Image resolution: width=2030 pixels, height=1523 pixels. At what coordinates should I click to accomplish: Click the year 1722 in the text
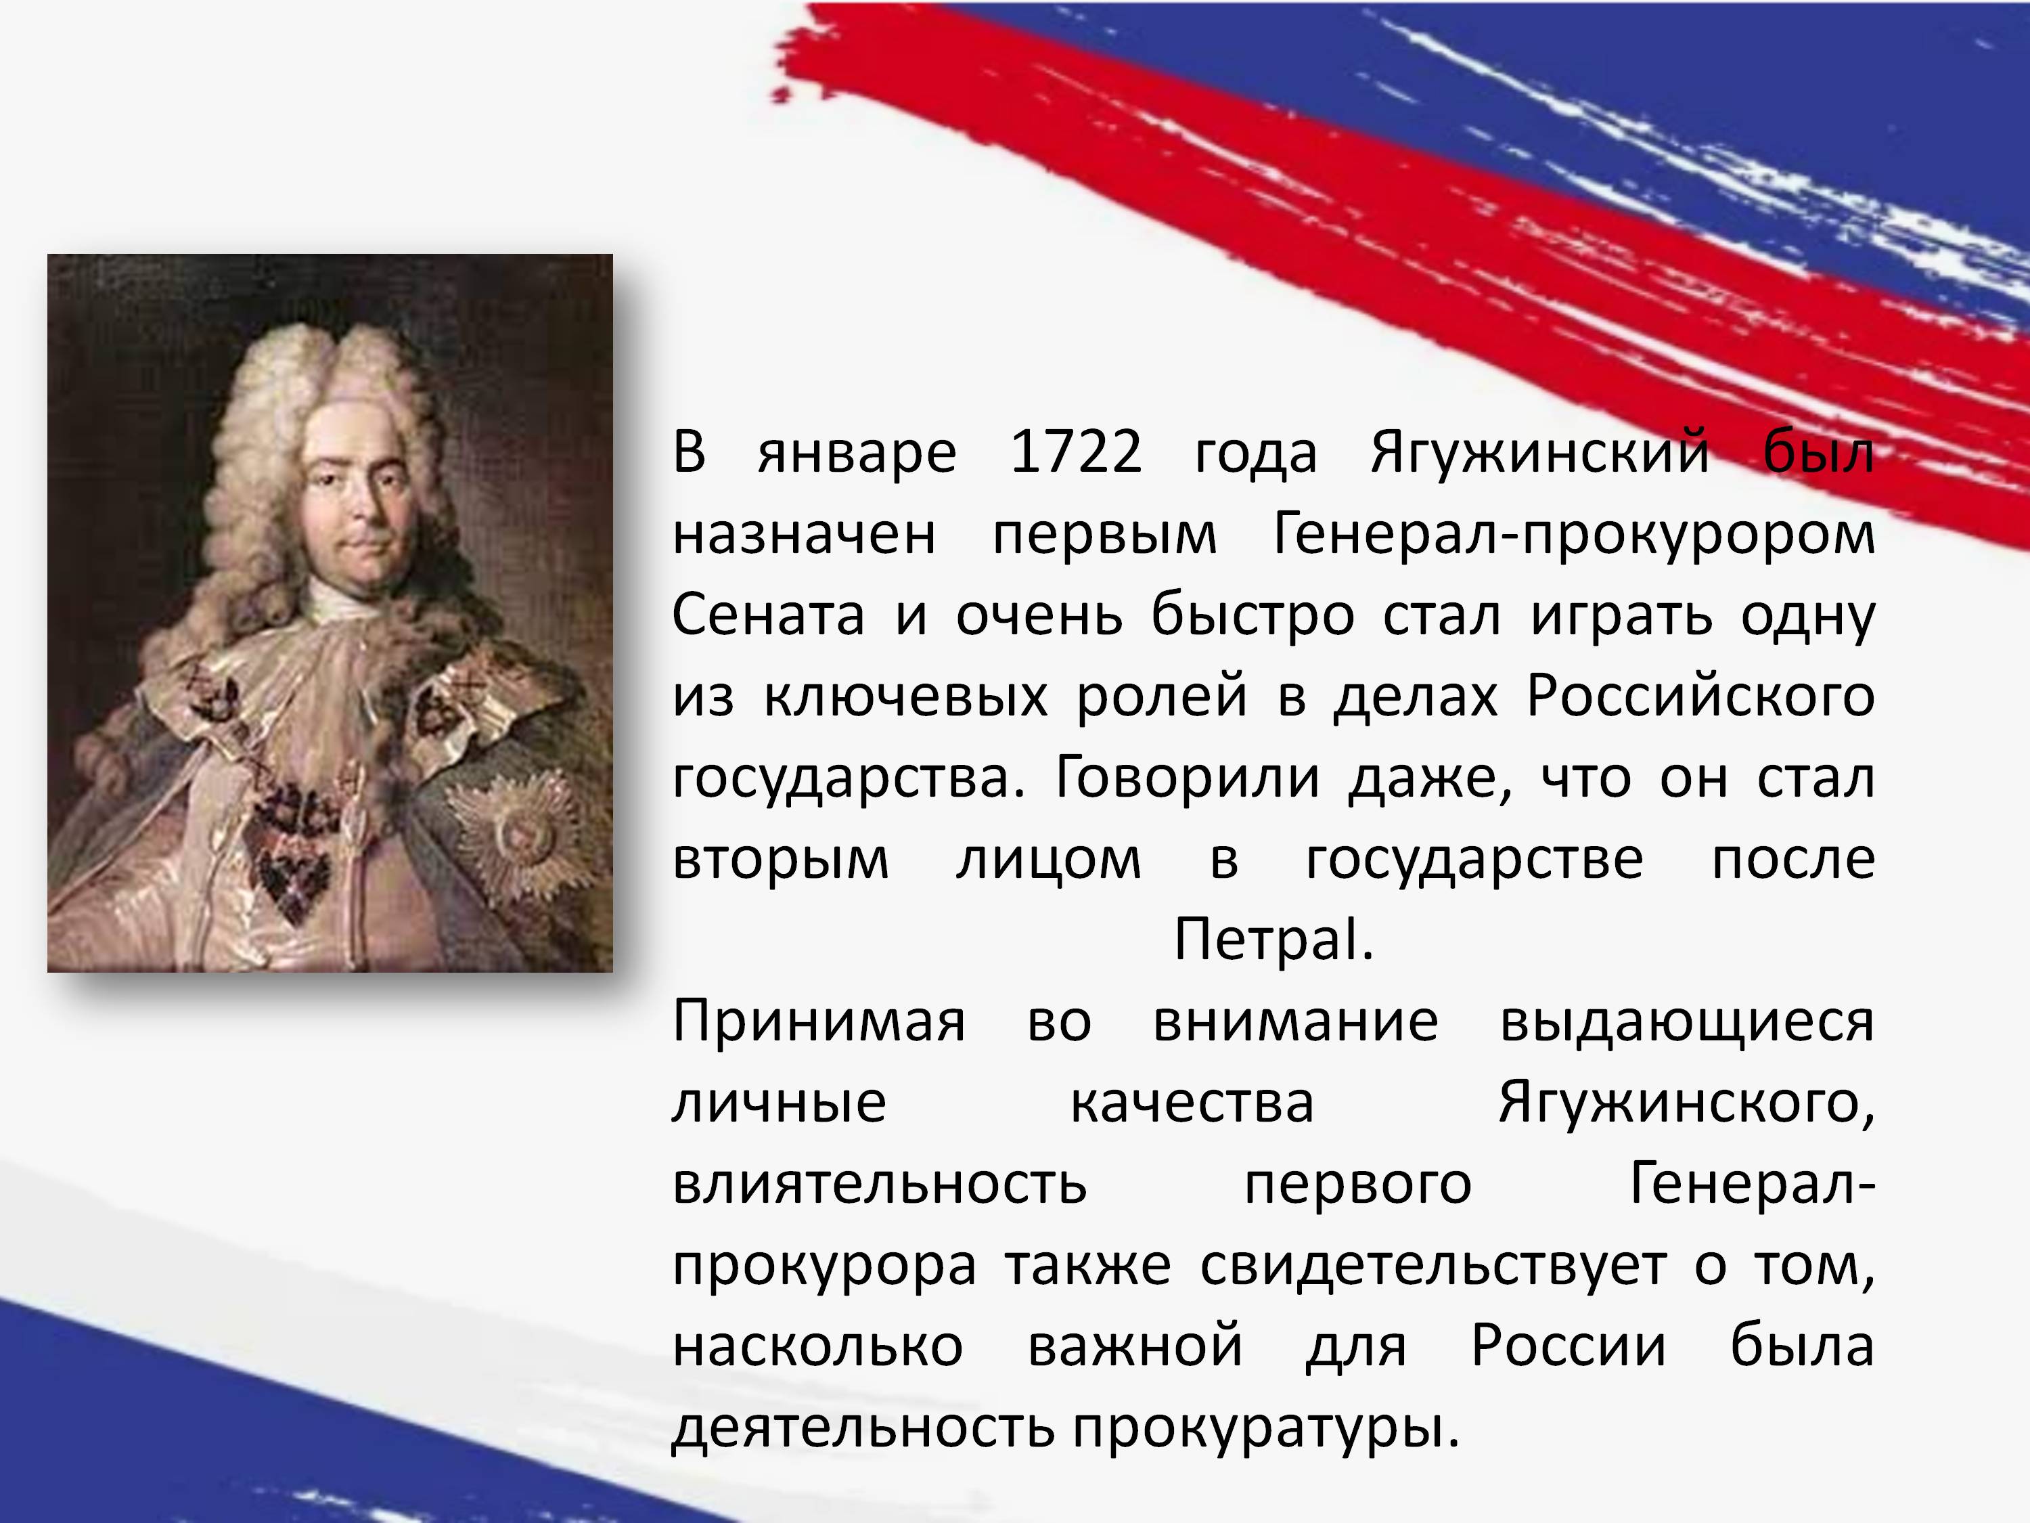click(1077, 453)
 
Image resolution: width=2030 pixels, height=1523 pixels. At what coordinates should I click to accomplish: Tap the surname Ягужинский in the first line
click(1540, 454)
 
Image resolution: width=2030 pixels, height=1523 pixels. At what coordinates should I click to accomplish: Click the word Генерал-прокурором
click(1574, 535)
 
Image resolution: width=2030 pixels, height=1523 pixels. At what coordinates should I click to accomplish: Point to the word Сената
click(768, 616)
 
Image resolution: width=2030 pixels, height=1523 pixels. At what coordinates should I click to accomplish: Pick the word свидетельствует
click(1433, 1268)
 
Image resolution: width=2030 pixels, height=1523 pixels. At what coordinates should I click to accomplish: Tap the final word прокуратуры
click(1267, 1430)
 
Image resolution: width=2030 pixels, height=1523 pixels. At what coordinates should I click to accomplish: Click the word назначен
click(805, 536)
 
